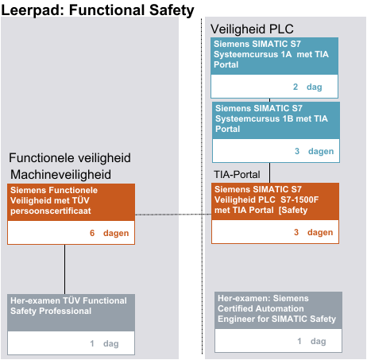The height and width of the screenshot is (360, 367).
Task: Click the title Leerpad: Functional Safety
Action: click(98, 10)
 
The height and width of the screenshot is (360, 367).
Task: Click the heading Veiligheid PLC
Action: click(252, 29)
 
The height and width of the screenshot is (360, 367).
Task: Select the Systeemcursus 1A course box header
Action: click(274, 56)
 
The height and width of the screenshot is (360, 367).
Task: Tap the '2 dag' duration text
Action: click(307, 87)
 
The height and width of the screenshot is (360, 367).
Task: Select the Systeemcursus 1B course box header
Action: click(276, 121)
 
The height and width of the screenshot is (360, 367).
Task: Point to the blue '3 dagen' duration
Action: click(314, 151)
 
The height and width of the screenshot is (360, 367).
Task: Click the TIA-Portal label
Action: click(237, 175)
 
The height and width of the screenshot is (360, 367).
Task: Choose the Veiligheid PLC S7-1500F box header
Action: click(275, 201)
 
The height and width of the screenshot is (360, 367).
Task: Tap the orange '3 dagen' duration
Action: click(313, 232)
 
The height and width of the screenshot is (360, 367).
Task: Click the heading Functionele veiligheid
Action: click(70, 158)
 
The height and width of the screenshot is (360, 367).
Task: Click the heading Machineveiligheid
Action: click(60, 175)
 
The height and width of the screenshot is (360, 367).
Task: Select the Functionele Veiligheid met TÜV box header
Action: click(71, 202)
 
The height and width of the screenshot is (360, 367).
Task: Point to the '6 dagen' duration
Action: click(109, 233)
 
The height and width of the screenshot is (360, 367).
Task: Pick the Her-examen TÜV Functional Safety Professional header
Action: click(71, 312)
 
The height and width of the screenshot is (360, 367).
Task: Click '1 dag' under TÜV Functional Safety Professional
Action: click(104, 343)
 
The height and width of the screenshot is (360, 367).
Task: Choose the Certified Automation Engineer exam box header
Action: click(278, 311)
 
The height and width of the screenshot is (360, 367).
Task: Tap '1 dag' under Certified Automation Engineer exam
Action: click(311, 341)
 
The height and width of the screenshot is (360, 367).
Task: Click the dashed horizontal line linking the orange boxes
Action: click(173, 215)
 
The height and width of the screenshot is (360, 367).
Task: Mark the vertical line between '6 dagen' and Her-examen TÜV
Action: click(64, 269)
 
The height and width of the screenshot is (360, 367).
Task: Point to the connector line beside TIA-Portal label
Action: click(270, 172)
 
